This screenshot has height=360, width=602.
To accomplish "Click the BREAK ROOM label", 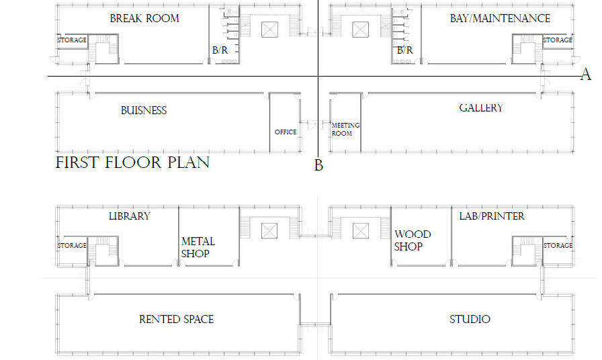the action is tap(144, 18).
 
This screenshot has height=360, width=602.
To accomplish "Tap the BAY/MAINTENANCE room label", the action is tap(500, 18).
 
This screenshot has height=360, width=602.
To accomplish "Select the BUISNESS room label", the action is tap(144, 111).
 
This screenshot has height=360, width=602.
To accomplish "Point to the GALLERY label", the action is tap(481, 108).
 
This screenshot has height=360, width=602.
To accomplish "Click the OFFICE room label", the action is tap(286, 132).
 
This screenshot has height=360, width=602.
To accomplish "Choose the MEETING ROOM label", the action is tap(345, 130).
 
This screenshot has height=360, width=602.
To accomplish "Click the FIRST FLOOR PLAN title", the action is tap(132, 163).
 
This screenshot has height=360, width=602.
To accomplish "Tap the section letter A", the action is tap(586, 75).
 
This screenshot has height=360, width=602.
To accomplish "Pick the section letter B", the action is tap(318, 165).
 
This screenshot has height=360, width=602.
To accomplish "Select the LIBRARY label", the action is tap(130, 216).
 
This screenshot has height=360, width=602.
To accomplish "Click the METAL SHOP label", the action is tap(198, 248).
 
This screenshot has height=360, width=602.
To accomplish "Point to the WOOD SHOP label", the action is tap(413, 240).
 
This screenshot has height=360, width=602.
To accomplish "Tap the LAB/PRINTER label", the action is tap(492, 216).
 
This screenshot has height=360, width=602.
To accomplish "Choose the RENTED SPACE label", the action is tap(176, 319).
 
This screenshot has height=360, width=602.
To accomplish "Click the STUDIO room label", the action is tap(470, 319).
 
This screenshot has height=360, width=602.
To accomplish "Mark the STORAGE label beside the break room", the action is tap(72, 40).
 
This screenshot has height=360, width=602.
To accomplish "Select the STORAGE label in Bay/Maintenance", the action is tap(558, 40).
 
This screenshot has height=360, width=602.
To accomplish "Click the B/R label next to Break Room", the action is tap(220, 50).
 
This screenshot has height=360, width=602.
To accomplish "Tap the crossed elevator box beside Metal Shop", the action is tap(269, 231).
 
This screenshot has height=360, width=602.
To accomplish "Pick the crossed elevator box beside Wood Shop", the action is tap(361, 231).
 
